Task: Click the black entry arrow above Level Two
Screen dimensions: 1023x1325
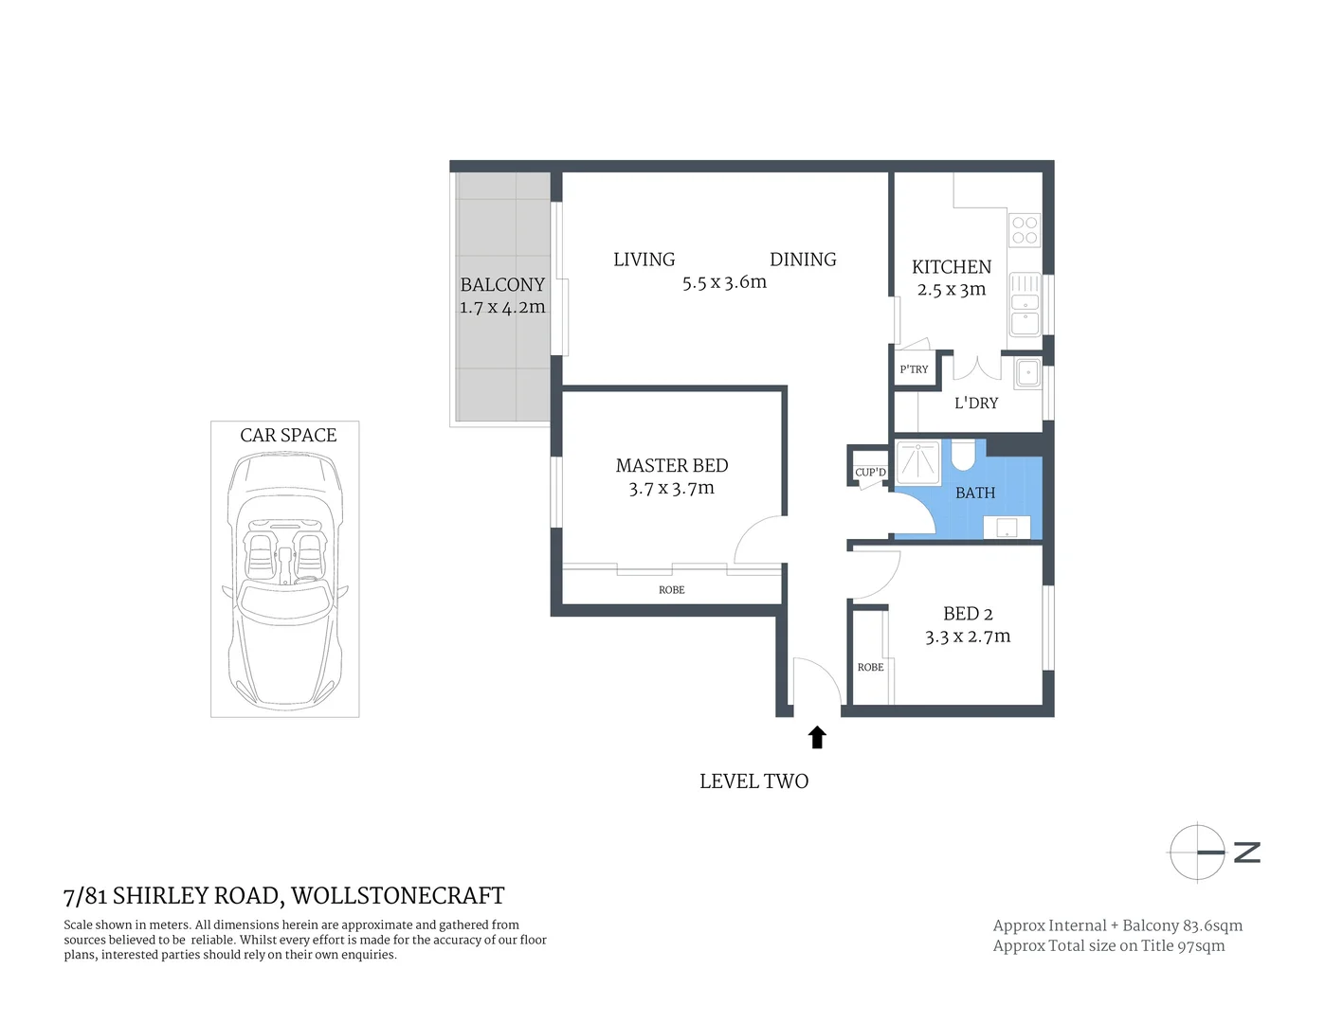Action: point(817,737)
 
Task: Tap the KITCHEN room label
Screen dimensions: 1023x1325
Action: point(951,267)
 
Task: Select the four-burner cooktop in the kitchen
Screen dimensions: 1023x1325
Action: point(1025,230)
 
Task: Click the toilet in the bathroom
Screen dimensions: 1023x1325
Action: point(963,454)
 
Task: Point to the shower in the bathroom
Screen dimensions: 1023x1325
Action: point(917,461)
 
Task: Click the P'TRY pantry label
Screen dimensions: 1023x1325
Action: point(914,369)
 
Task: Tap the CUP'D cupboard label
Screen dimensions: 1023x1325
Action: point(870,472)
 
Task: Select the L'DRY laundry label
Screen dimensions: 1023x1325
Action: point(975,403)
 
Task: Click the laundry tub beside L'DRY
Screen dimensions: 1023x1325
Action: point(1027,373)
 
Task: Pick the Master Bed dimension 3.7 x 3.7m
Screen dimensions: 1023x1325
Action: point(671,489)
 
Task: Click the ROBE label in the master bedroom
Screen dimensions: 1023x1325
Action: point(671,590)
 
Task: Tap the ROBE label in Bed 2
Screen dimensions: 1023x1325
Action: point(870,668)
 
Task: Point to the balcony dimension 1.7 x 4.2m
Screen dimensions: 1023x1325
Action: point(502,307)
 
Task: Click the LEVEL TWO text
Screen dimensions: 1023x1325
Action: point(753,781)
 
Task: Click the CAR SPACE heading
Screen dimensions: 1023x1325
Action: point(288,435)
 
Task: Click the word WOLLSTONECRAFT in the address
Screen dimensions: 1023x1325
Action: point(397,895)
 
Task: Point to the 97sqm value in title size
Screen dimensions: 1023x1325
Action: point(1201,945)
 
